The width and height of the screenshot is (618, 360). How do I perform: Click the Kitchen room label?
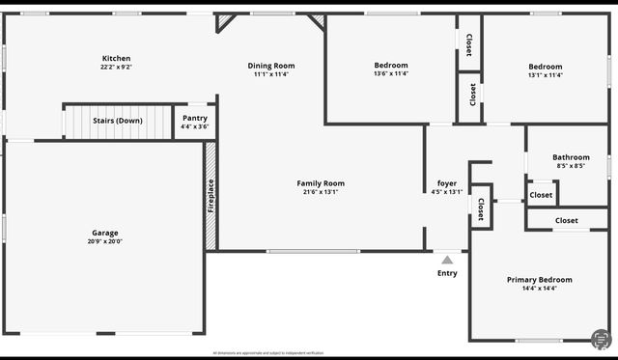coord(116,58)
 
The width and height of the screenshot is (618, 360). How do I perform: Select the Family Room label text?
coord(320,183)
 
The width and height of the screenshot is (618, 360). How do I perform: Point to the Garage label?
coord(105,233)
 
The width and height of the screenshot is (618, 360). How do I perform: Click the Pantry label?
coord(195,118)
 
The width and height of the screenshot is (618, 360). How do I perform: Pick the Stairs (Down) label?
coord(117,121)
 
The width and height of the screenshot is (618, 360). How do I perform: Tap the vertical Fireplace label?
coord(211,197)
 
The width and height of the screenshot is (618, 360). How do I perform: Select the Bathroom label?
coord(571,157)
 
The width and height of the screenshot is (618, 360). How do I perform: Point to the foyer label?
coord(447,183)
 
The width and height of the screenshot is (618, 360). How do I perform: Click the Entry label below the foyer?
coord(447,273)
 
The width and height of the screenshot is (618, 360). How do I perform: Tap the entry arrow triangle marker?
coord(447,260)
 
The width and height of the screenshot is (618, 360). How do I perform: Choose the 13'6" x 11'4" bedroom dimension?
coord(390,73)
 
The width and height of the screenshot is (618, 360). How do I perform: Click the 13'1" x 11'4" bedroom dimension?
coord(545,75)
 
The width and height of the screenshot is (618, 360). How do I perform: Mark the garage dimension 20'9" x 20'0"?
coord(105,241)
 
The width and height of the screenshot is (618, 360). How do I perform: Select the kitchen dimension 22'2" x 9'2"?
coord(116,68)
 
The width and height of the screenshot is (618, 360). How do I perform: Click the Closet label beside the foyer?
coord(480,210)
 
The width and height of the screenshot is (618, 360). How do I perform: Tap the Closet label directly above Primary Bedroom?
coord(567,221)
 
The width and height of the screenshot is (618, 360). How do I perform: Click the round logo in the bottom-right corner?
coord(600,339)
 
